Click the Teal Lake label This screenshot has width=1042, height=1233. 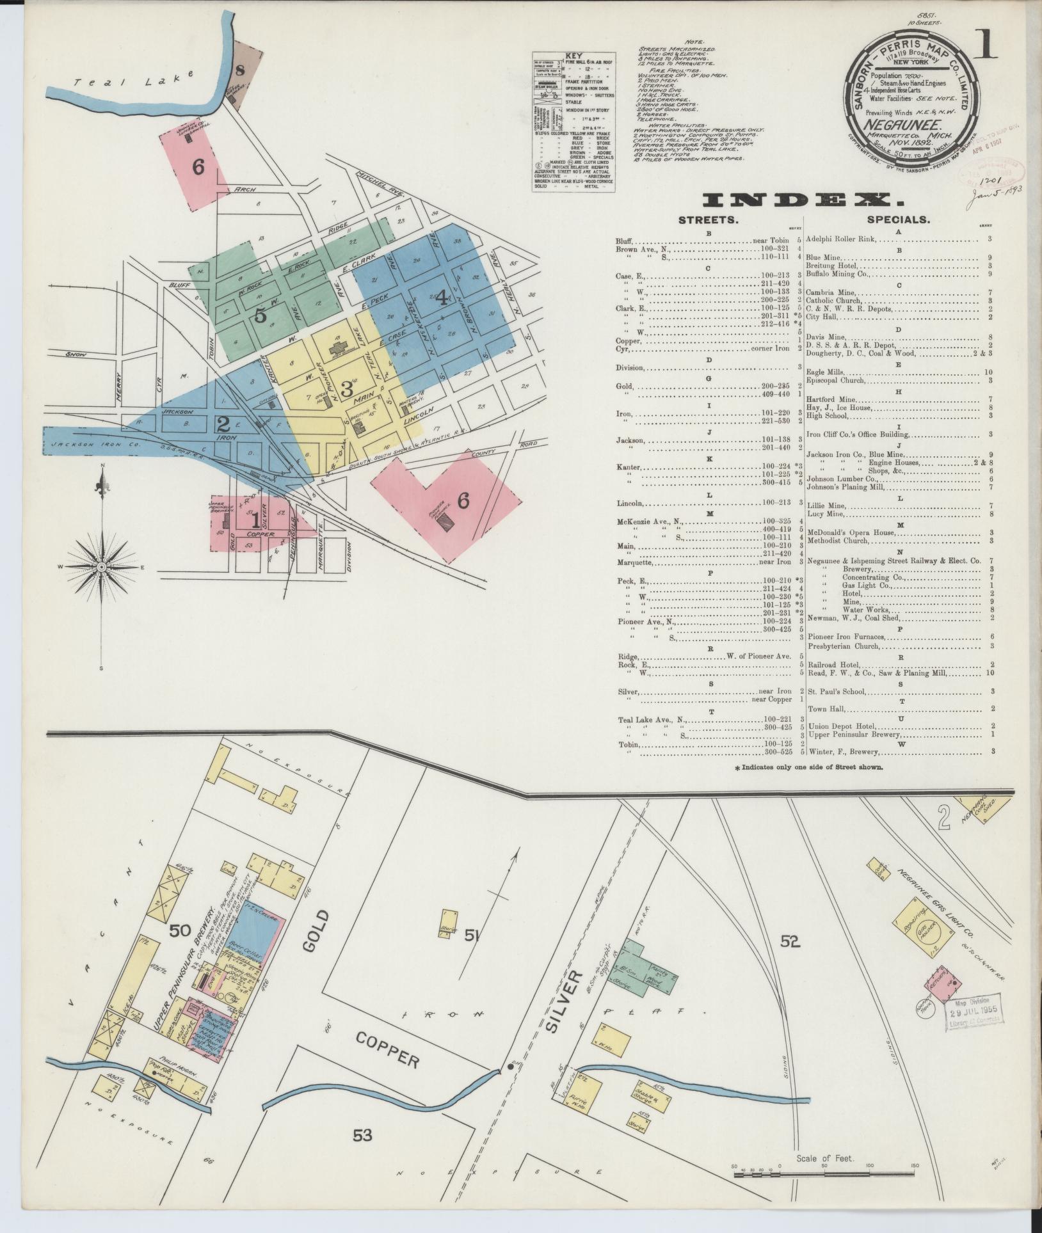(134, 80)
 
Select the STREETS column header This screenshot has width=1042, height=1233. (709, 219)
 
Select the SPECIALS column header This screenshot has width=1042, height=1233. (897, 219)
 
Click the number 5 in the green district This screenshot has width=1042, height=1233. (260, 314)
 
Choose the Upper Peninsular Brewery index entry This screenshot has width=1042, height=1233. (851, 734)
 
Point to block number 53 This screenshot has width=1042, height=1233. (362, 1134)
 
